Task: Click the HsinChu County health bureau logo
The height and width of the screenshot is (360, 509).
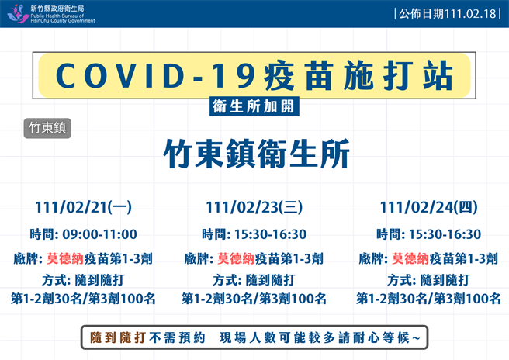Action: (18, 13)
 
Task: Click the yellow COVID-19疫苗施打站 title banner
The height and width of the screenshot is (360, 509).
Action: (254, 75)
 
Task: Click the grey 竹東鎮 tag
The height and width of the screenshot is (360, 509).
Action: (47, 128)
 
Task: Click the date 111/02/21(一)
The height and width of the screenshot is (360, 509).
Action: (83, 207)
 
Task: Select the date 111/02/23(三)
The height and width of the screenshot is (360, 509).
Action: (254, 207)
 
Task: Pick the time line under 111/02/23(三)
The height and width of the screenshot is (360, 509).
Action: (254, 234)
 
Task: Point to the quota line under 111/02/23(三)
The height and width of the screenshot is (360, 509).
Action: (254, 299)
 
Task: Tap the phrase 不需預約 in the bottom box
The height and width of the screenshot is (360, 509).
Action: (179, 337)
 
